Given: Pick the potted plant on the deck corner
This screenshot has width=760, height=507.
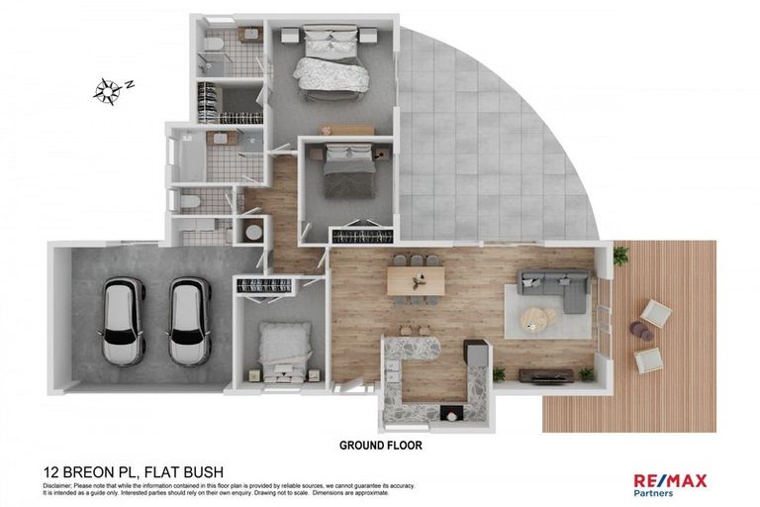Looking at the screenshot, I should tap(619, 255).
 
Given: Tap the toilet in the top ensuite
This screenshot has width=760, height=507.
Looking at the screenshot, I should tap(214, 43).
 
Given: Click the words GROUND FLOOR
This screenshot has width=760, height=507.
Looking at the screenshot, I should tap(381, 446).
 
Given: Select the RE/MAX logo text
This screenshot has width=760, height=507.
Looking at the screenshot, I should tap(670, 480).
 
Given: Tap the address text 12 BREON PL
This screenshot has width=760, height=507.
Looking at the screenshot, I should tap(89, 472).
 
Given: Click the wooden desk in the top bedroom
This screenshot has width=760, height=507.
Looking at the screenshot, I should tap(346, 130).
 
